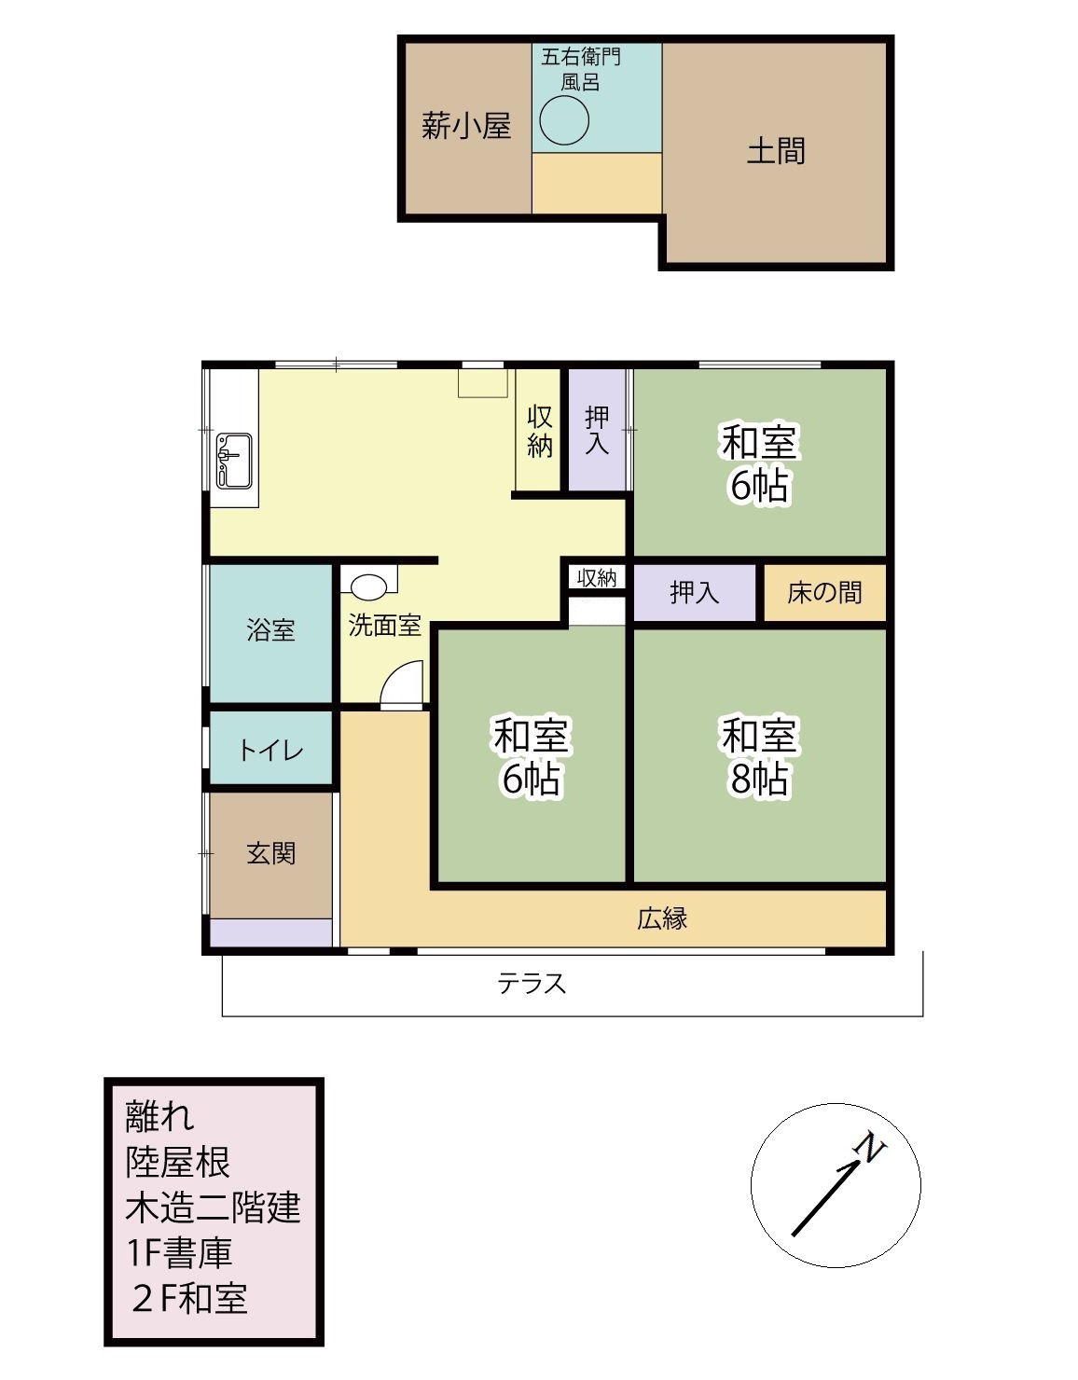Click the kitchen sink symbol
pos(234,461)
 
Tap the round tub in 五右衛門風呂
pos(564,120)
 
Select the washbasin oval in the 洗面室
pos(368,586)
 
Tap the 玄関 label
pos(271,853)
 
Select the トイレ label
pos(271,751)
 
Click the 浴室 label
pos(271,630)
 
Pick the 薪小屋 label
pos(466,126)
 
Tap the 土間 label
pos(776,151)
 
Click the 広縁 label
pos(662,918)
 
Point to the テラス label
pos(532,983)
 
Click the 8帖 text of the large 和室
pos(759,779)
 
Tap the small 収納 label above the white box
pos(596,578)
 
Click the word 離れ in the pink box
pos(159,1116)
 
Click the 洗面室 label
pos(385,626)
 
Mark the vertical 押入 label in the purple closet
pos(597,430)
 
